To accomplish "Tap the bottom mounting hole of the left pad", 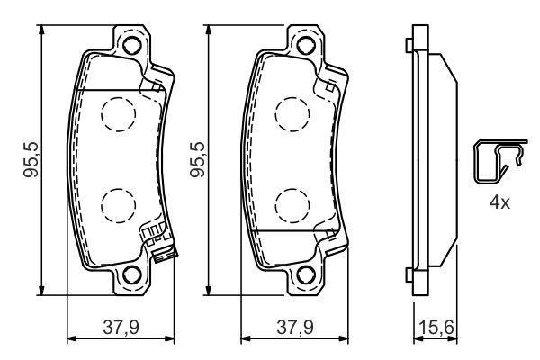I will point(131,276).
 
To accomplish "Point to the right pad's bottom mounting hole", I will point(305,276).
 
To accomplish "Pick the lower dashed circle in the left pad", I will point(115,205).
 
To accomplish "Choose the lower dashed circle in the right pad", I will point(289,205).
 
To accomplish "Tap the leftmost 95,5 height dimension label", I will point(30,159).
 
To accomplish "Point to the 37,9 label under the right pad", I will point(293,327).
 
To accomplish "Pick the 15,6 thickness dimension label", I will point(435,327).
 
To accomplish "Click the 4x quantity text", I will point(499,203).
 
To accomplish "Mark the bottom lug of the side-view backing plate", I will point(413,272).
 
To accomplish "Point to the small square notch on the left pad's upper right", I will point(158,86).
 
